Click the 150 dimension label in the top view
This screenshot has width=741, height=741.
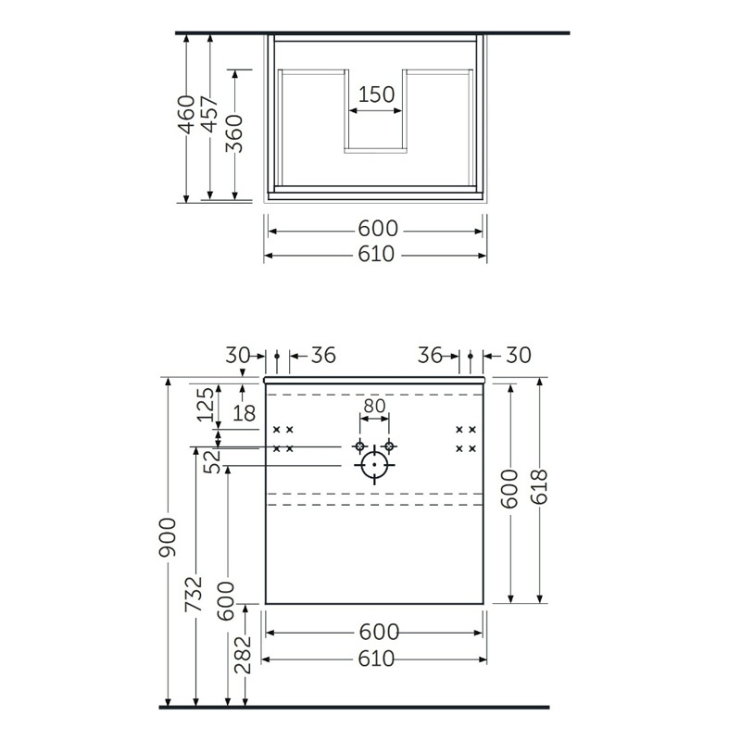tap(376, 94)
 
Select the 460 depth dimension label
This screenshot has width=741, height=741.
tap(188, 115)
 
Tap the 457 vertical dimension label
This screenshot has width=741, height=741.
tap(211, 114)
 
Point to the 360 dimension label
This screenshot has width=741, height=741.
tap(235, 133)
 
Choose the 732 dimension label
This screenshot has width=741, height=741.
tap(195, 594)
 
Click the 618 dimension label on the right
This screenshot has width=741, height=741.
tap(540, 487)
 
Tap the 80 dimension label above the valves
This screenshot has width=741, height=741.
tap(374, 406)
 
